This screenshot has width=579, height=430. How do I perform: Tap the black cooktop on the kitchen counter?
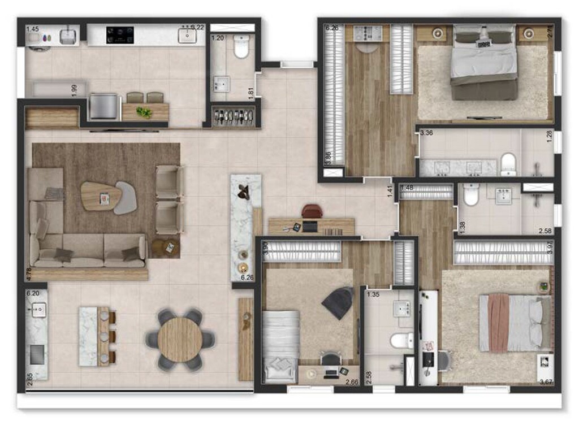[x=120, y=35]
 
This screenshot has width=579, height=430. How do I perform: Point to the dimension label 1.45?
[x=33, y=29]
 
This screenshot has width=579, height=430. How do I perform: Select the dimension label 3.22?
[x=197, y=27]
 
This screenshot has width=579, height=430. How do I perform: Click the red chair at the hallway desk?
[x=312, y=211]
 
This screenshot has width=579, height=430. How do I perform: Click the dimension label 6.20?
[x=33, y=294]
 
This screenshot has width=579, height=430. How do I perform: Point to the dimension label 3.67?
[x=546, y=382]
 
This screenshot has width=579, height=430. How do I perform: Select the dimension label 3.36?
[x=426, y=134]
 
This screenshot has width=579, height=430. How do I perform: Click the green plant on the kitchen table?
[x=144, y=112]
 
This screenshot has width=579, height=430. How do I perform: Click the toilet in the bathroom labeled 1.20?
[x=241, y=47]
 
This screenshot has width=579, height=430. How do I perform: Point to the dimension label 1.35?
[x=373, y=294]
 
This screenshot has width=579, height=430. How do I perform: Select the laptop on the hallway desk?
[x=310, y=227]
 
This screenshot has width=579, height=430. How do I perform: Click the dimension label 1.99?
[x=74, y=90]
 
